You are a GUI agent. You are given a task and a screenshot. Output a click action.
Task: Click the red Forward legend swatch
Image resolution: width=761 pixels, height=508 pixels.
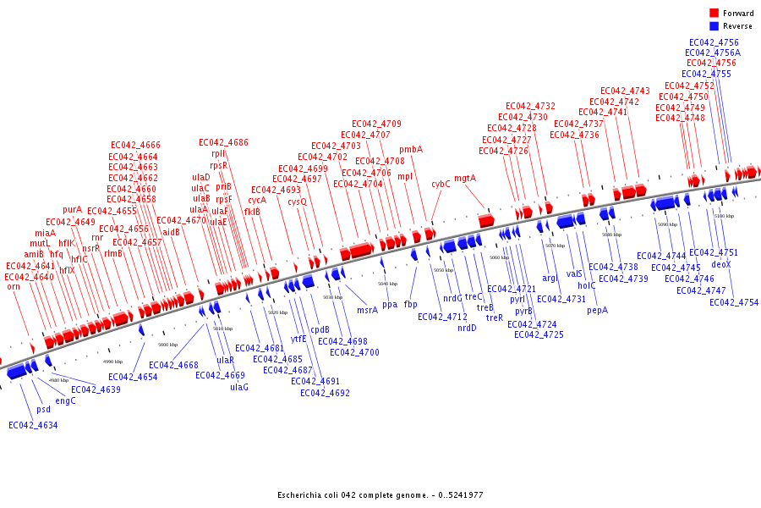(x=714, y=14)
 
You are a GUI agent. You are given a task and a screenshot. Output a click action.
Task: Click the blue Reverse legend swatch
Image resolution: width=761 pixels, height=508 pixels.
(x=714, y=26)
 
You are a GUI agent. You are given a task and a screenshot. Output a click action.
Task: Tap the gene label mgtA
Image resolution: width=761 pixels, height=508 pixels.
(x=465, y=179)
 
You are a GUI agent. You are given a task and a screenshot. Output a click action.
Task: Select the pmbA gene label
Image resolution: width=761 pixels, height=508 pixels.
(x=411, y=150)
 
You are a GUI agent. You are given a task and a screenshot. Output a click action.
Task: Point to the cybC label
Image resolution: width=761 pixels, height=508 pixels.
(x=441, y=184)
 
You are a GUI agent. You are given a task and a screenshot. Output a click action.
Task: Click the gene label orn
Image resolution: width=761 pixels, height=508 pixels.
(x=14, y=287)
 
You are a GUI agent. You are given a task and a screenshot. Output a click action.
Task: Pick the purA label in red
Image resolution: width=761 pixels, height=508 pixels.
(x=73, y=209)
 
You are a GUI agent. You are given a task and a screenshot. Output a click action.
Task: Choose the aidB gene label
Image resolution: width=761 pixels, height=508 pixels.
(x=171, y=232)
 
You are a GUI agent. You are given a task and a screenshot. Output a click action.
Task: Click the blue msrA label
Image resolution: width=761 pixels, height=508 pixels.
(x=367, y=311)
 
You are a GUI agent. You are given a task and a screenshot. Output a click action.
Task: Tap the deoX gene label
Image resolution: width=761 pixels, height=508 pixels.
(x=721, y=264)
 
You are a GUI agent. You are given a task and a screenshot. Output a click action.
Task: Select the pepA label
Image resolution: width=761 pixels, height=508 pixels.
(x=597, y=310)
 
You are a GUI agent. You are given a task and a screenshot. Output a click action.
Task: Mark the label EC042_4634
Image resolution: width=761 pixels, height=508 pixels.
(x=33, y=425)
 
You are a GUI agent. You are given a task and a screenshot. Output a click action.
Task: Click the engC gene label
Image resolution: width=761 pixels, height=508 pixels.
(x=65, y=400)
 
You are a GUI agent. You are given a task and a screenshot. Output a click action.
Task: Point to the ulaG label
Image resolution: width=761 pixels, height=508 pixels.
(x=239, y=387)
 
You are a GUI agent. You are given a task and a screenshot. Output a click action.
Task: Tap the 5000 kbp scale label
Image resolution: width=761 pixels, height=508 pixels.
(x=167, y=345)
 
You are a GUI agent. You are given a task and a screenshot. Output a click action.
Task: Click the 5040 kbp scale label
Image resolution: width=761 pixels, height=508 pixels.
(x=387, y=284)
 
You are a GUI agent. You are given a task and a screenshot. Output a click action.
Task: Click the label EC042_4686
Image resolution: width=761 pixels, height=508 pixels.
(x=223, y=142)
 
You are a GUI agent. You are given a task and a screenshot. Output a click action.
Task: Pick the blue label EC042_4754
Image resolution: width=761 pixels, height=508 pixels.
(x=734, y=302)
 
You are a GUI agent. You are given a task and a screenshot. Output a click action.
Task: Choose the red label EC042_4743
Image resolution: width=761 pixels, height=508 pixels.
(x=625, y=91)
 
